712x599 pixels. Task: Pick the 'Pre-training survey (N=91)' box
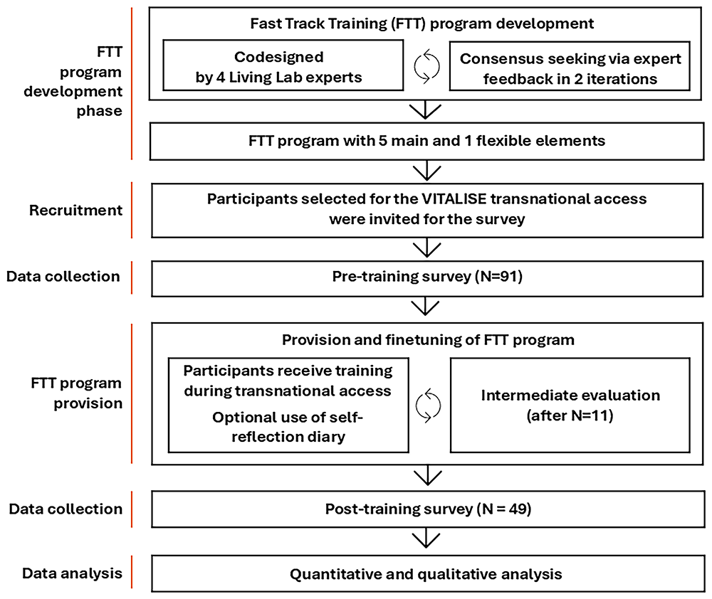point(427,277)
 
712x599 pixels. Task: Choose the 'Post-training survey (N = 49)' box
point(427,509)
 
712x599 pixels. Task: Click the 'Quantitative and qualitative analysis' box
point(427,573)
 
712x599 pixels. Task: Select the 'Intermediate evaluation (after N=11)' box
point(570,405)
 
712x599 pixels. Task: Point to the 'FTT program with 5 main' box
point(427,140)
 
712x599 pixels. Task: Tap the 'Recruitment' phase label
point(75,211)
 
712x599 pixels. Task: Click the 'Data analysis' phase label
point(71,573)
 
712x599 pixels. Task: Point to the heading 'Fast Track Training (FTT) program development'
point(422,23)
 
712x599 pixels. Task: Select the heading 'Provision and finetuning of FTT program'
point(428,339)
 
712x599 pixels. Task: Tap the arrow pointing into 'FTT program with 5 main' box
point(426,111)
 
